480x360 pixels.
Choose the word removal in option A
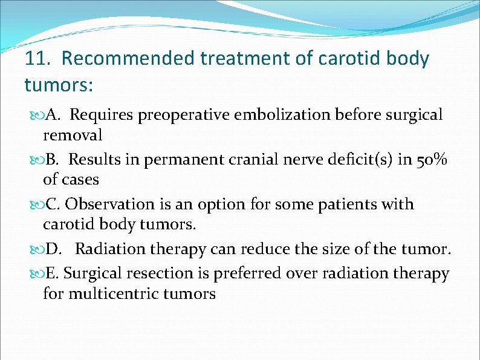(73, 134)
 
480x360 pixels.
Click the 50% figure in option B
(432, 160)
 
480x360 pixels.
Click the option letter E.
(51, 273)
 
